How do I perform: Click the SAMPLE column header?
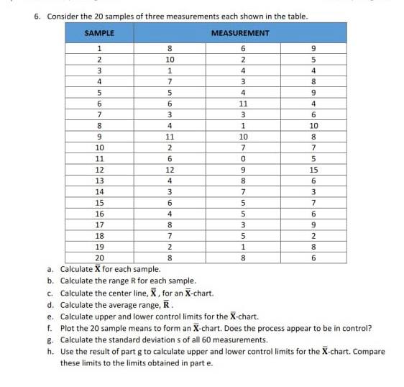[x=98, y=33]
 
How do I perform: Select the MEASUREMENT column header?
[x=240, y=33]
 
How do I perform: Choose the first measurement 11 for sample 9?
[x=170, y=136]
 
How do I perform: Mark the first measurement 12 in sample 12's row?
[x=170, y=169]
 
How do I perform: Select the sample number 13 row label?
[x=99, y=180]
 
